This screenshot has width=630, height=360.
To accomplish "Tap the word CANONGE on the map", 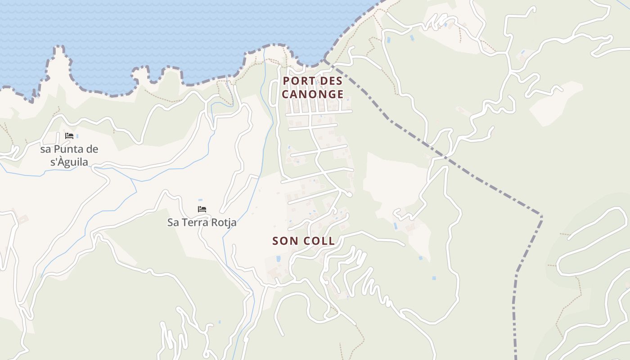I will (x=313, y=94).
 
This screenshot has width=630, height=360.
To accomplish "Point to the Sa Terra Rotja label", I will (x=202, y=222).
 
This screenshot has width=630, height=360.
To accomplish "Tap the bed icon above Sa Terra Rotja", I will (x=202, y=209).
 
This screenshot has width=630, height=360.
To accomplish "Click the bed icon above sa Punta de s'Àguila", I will (x=69, y=136).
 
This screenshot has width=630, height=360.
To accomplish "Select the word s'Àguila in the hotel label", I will (x=69, y=162).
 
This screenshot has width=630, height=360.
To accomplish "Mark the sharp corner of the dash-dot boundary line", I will (x=541, y=216).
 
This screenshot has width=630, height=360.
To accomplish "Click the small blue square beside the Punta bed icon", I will (x=77, y=136).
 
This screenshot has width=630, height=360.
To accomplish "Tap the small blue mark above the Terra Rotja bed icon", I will (x=200, y=200).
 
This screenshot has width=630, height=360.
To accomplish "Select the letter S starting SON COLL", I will (x=275, y=241).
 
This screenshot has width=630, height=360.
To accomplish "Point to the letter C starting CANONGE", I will (x=285, y=94).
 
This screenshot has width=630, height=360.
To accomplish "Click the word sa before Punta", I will (x=45, y=149).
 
